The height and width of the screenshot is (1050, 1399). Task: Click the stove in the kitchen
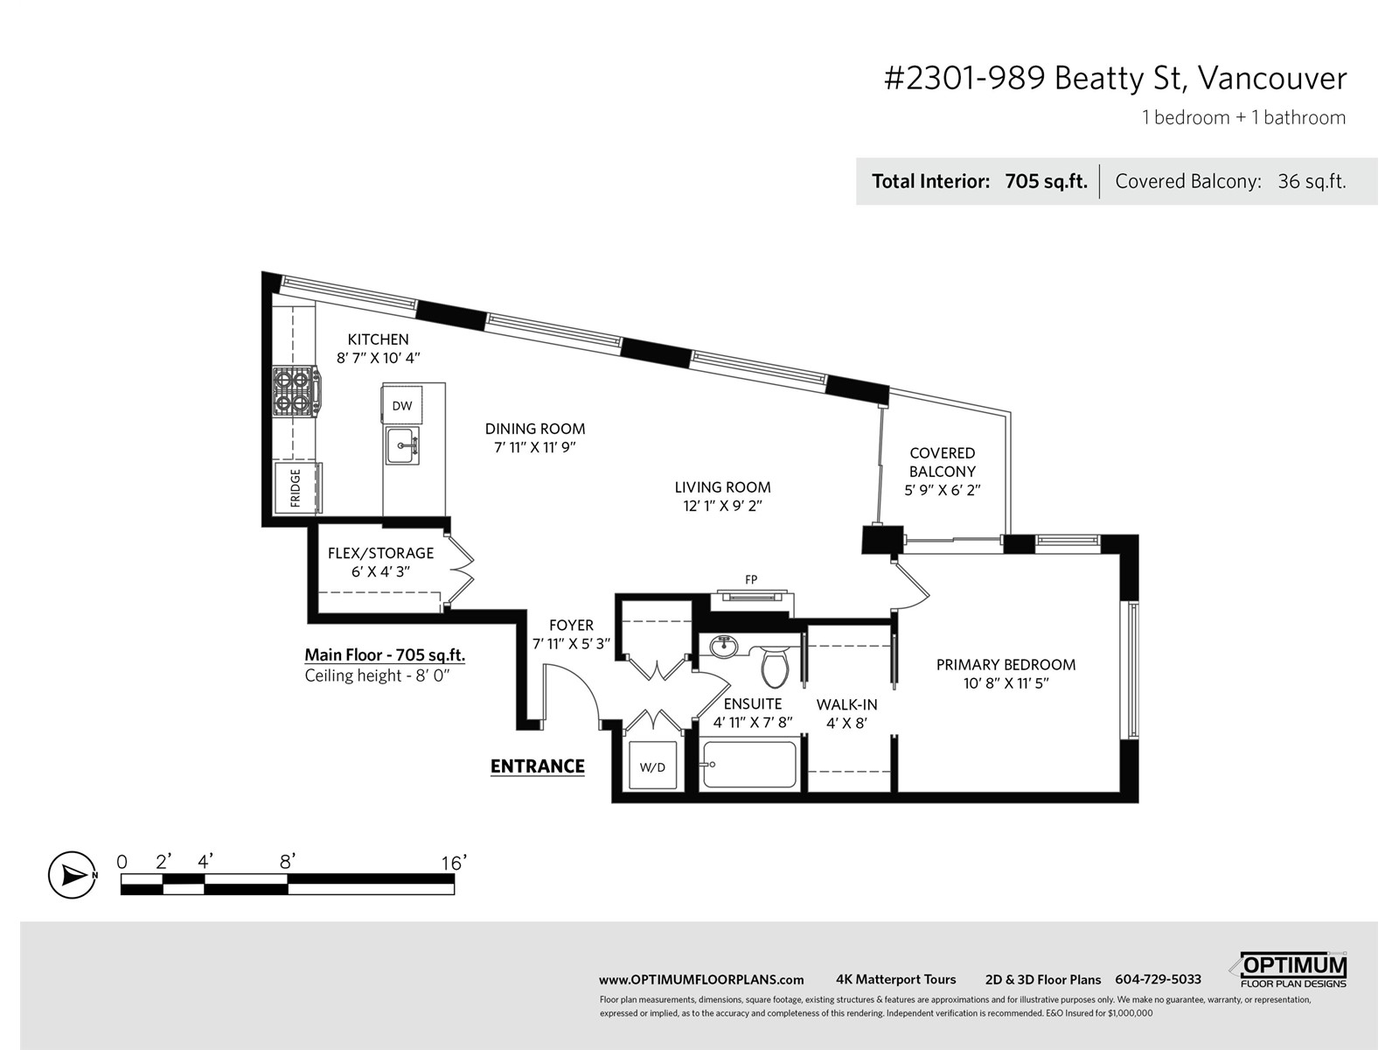[x=296, y=391]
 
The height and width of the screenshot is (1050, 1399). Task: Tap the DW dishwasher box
[x=401, y=405]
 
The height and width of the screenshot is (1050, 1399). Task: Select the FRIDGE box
[x=297, y=487]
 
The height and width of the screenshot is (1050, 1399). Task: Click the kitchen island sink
[x=402, y=445]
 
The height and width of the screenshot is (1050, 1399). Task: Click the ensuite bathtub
[x=749, y=765]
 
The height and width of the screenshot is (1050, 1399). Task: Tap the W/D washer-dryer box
[x=652, y=766]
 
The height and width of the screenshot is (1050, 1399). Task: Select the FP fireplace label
[x=751, y=579]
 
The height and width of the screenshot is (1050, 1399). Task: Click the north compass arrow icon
[x=72, y=875]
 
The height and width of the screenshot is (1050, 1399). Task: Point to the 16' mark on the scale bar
[x=454, y=863]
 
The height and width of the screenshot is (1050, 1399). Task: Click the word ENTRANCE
[x=537, y=766]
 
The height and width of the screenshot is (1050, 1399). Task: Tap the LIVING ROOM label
[x=723, y=487]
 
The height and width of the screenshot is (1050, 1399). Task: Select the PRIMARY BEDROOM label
[x=1006, y=664]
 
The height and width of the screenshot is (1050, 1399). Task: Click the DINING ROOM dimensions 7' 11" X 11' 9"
[x=535, y=447]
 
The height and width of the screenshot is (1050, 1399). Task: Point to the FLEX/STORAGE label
[x=380, y=553]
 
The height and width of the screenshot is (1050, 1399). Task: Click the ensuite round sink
[x=723, y=647]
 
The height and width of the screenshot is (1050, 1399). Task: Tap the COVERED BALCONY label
[x=942, y=462]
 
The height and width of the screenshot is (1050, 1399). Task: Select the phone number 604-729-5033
[x=1158, y=979]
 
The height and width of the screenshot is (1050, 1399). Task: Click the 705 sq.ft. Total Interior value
[x=1046, y=182]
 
